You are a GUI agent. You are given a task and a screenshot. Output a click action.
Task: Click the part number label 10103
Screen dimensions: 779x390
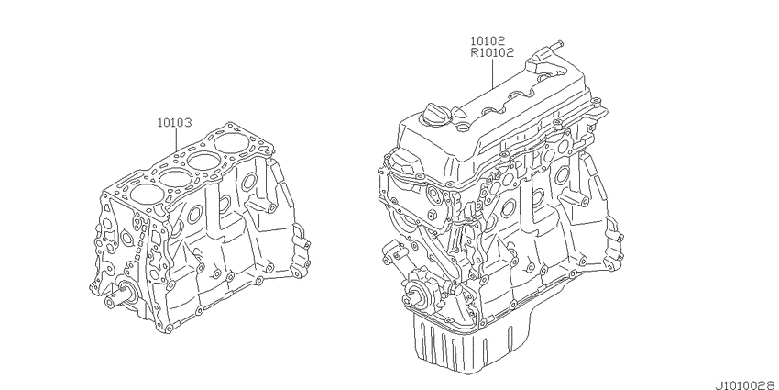[174, 122]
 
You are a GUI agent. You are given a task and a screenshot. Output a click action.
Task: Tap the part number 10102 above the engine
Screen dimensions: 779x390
[488, 40]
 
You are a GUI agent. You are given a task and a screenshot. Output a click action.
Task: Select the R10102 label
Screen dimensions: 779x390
[492, 51]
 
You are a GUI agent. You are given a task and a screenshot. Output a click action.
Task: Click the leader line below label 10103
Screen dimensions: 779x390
[178, 139]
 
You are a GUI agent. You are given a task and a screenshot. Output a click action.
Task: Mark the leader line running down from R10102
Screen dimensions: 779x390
[492, 72]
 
